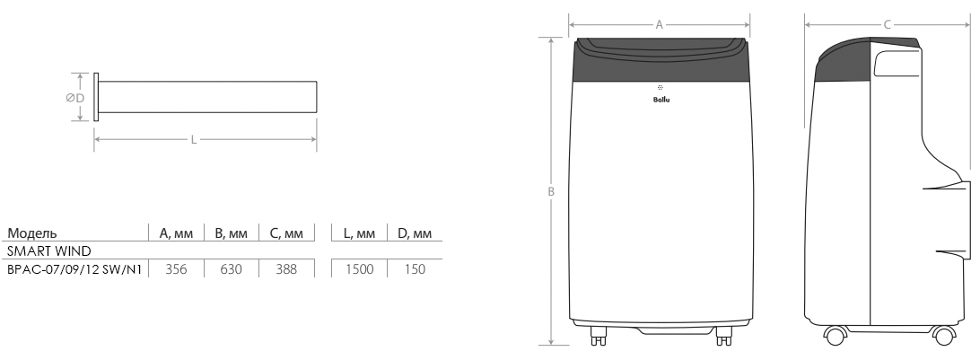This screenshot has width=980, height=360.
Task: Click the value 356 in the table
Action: click(x=176, y=269)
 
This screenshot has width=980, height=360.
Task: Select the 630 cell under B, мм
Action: click(x=232, y=269)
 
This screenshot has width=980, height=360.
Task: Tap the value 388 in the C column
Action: click(x=286, y=269)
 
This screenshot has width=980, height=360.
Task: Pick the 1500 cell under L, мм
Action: click(x=359, y=269)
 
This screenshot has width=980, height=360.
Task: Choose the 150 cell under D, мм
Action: click(x=415, y=269)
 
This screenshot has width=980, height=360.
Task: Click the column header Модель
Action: click(x=32, y=233)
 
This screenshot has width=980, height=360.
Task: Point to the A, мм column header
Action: click(x=176, y=233)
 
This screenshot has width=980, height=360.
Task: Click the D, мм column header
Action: click(x=415, y=233)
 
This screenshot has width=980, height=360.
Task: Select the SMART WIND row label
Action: click(x=48, y=251)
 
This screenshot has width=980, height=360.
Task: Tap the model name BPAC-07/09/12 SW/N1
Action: click(x=74, y=269)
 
